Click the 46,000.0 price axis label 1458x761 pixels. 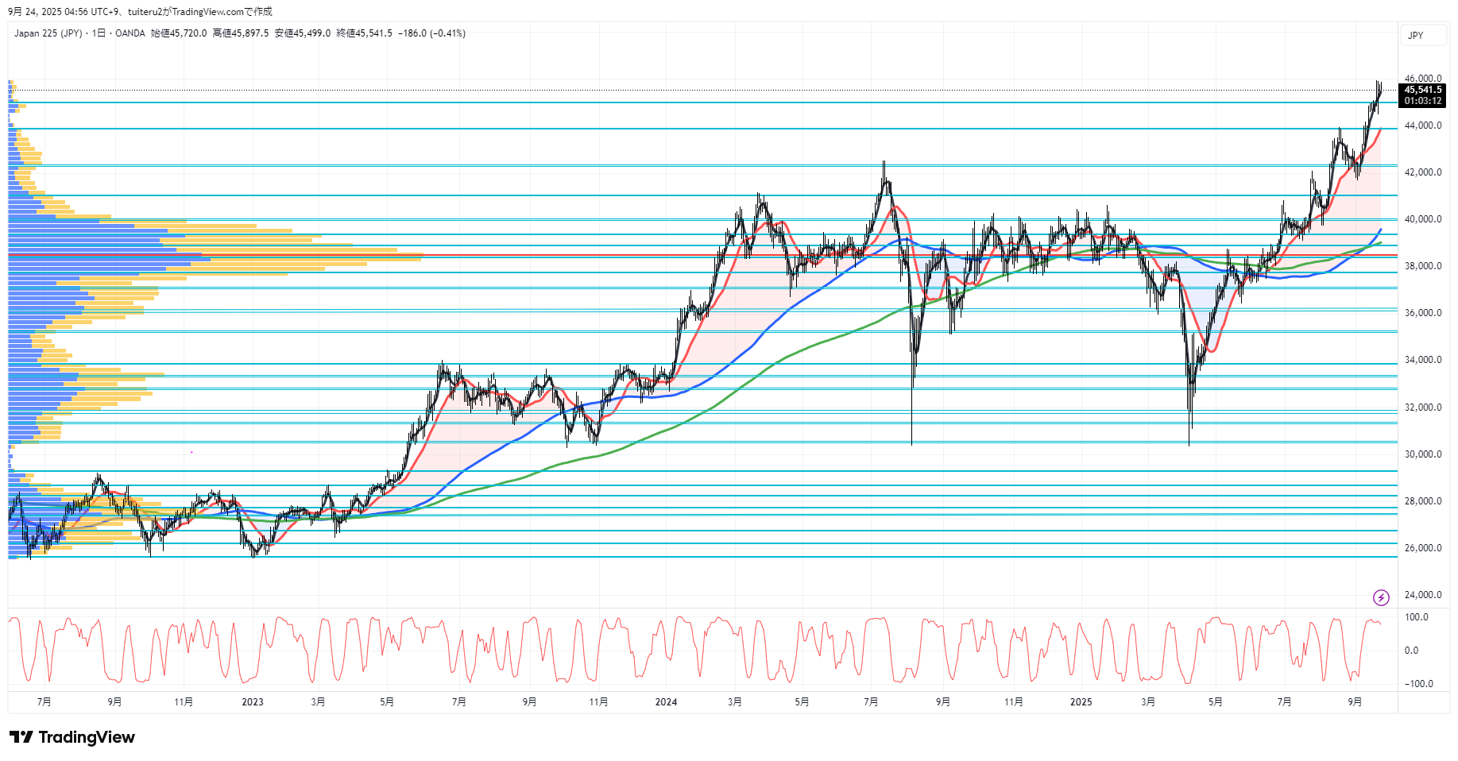1422,79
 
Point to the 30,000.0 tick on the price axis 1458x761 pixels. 1422,454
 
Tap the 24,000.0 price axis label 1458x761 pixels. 1422,595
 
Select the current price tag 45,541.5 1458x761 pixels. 1422,90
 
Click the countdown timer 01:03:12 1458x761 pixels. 1422,101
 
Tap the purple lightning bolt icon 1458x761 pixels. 1381,597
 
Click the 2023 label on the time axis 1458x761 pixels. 253,702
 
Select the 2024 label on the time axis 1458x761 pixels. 666,702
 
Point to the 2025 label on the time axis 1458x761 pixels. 1081,702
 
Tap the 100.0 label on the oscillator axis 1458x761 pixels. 1417,617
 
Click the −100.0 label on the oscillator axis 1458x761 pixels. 1418,684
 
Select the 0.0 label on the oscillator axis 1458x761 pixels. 1411,651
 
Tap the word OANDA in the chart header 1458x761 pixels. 130,33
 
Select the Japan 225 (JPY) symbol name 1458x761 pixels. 48,33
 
